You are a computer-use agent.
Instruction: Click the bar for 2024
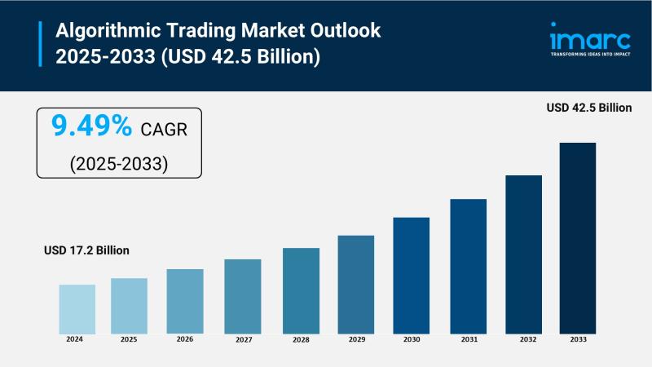pyautogui.click(x=77, y=308)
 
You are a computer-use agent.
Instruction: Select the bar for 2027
pyautogui.click(x=243, y=296)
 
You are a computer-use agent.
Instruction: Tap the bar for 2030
pyautogui.click(x=411, y=275)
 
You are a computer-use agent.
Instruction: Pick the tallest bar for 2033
pyautogui.click(x=577, y=237)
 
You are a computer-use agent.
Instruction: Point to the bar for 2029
pyautogui.click(x=355, y=284)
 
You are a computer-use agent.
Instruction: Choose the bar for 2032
pyautogui.click(x=523, y=254)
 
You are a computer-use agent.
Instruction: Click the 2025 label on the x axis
pyautogui.click(x=130, y=338)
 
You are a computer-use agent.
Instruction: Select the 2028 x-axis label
pyautogui.click(x=301, y=338)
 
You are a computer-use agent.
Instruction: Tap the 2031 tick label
pyautogui.click(x=468, y=338)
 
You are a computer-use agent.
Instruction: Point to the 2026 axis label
pyautogui.click(x=185, y=338)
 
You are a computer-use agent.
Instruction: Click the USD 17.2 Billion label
pyautogui.click(x=86, y=250)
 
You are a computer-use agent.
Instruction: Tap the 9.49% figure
pyautogui.click(x=91, y=126)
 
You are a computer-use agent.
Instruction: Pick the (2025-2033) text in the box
pyautogui.click(x=118, y=163)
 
